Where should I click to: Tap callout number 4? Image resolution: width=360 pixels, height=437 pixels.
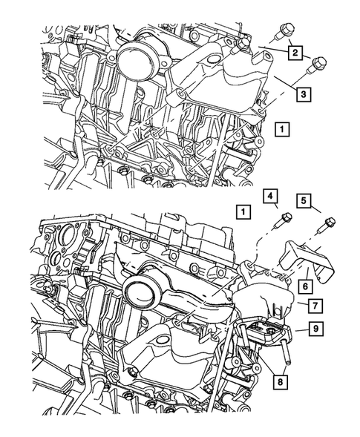point(272,197)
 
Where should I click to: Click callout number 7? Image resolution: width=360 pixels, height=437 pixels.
point(315,304)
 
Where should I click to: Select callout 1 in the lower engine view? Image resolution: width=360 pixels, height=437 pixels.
point(242,211)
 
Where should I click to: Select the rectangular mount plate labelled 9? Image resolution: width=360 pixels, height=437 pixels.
point(267,334)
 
